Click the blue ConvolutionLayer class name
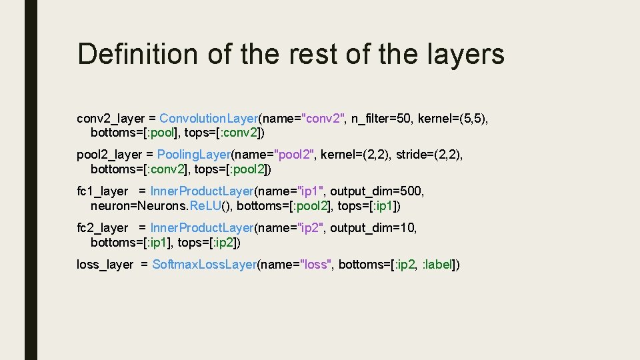click(x=209, y=119)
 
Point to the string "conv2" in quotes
click(x=324, y=119)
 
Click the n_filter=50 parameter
click(x=382, y=119)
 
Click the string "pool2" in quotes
click(x=294, y=155)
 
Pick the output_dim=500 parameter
click(x=377, y=191)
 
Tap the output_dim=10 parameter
click(x=373, y=228)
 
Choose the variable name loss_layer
click(x=105, y=265)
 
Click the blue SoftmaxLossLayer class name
click(x=205, y=265)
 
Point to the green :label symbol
click(x=438, y=265)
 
